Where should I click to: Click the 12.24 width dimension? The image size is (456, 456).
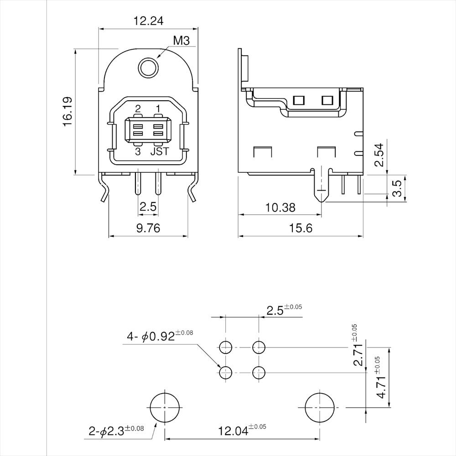coord(148,21)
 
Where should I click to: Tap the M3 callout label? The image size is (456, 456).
coord(181,41)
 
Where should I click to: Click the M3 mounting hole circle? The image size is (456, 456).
coord(148,68)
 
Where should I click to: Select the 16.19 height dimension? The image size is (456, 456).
coord(67,111)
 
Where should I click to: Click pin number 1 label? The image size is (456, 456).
coord(158,109)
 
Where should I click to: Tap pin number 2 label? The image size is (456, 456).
coord(138,109)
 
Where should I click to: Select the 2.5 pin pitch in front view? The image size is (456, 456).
coord(148,207)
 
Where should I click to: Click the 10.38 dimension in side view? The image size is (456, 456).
coord(280,207)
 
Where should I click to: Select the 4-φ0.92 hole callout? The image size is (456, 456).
coord(160,337)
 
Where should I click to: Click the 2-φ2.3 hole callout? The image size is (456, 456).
coord(116,430)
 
